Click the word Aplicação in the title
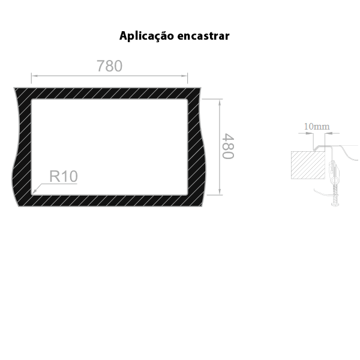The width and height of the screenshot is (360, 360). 146,36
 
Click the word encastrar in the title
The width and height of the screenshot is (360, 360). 204,36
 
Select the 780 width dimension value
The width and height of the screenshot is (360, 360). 109,66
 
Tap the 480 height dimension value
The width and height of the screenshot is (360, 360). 227,146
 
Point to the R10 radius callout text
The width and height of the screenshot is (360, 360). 63,176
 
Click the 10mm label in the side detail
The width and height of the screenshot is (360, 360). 316,127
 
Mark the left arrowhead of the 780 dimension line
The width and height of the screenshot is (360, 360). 34,76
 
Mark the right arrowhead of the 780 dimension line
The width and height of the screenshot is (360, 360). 185,76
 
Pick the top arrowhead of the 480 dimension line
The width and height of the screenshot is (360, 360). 220,100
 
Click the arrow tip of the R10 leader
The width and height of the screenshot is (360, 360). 33,193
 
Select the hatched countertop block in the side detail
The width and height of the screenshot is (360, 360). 307,165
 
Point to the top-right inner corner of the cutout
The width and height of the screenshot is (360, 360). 188,99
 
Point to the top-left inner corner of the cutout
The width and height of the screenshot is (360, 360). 31,99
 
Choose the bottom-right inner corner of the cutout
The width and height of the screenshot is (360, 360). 188,194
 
